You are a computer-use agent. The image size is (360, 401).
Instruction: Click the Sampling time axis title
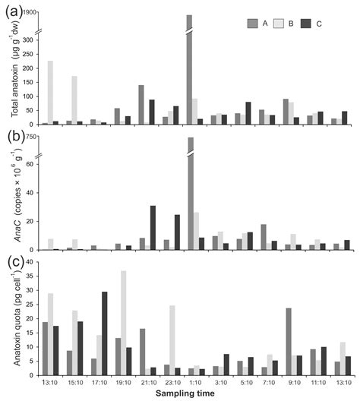[x=190, y=394]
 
